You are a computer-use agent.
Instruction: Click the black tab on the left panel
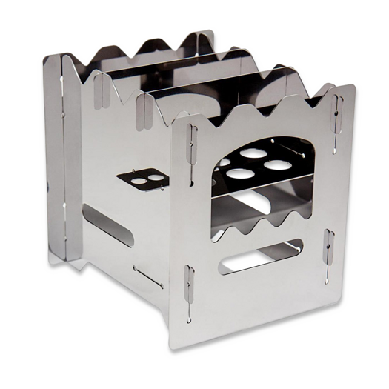140,179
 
